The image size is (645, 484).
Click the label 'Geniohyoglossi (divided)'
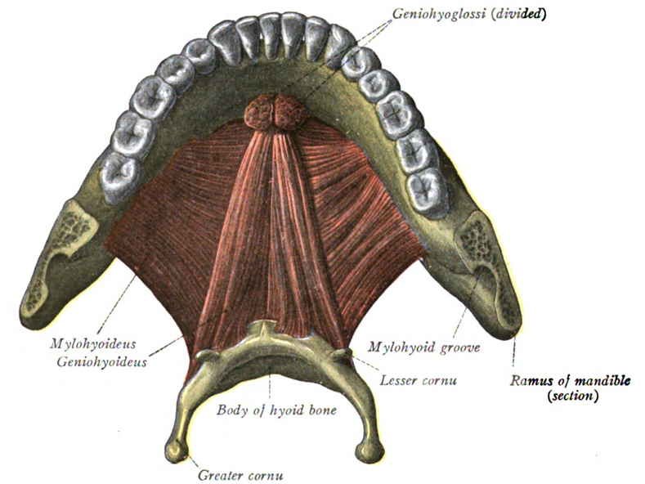click(469, 15)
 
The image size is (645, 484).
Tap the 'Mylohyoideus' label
click(93, 343)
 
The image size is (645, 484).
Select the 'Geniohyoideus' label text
click(101, 361)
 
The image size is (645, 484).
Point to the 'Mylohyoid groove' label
click(423, 347)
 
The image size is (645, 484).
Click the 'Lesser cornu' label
click(418, 380)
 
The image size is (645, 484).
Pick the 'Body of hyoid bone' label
click(276, 410)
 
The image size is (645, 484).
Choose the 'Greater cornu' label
click(240, 475)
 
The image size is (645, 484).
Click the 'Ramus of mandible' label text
click(570, 381)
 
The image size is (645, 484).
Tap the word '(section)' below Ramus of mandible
click(572, 396)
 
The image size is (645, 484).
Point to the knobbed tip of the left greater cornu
click(176, 450)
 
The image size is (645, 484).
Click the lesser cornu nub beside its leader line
click(341, 353)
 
